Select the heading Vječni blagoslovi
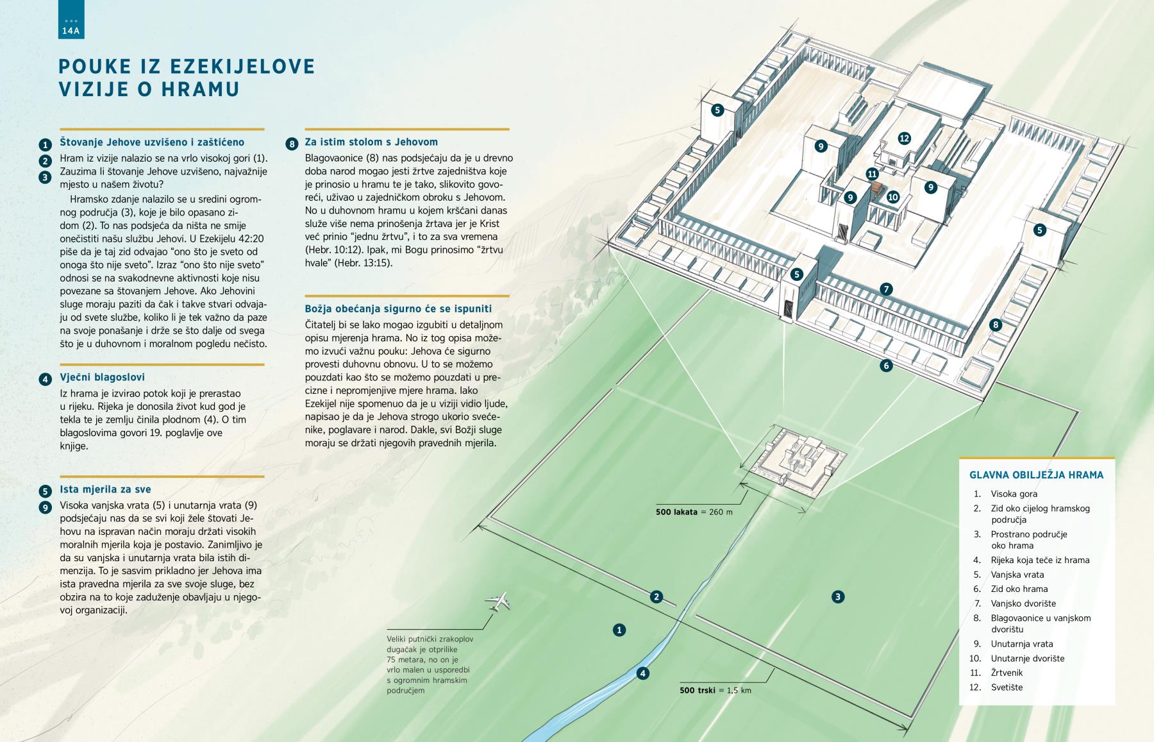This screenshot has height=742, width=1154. point(103,378)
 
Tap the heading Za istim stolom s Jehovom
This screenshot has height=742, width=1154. point(371,142)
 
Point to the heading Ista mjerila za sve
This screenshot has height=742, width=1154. point(105,490)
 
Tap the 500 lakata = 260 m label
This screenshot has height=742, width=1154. point(694,512)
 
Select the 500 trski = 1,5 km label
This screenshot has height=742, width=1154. point(715,690)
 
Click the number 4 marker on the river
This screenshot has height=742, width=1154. point(642,673)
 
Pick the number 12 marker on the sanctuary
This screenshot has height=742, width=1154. point(905,138)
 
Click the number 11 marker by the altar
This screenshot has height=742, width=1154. point(872,174)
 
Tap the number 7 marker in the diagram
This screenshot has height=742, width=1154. point(887,289)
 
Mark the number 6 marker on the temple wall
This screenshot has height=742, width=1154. point(886,366)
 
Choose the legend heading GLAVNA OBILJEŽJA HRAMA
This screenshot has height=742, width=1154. point(1036,475)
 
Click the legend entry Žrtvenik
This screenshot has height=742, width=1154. point(1007,673)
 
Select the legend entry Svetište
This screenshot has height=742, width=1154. point(1007,687)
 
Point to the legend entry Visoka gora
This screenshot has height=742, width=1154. point(1014,494)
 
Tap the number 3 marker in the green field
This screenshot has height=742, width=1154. point(838,597)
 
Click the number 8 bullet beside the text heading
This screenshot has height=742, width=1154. point(292,144)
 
